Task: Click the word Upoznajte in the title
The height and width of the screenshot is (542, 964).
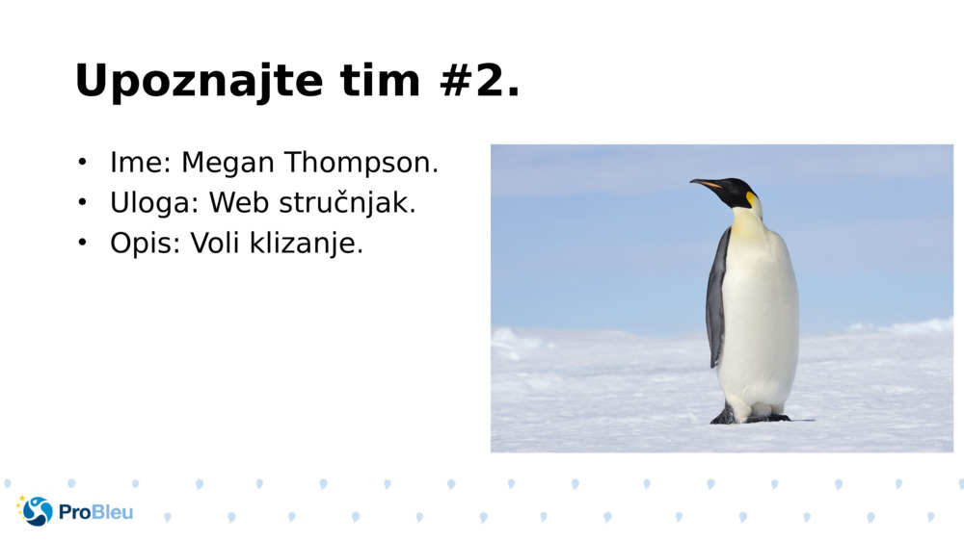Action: click(x=199, y=82)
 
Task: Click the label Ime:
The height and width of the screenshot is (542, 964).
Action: click(x=141, y=163)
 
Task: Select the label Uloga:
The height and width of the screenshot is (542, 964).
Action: click(x=154, y=203)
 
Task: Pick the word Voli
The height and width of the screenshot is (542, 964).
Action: click(x=216, y=244)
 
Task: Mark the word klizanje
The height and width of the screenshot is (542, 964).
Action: click(x=307, y=244)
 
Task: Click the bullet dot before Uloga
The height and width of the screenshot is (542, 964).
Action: click(x=83, y=202)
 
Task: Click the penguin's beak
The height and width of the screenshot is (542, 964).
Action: click(x=706, y=183)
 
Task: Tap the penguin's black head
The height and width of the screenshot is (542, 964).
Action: click(x=736, y=191)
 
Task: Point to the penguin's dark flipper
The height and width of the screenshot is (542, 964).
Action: click(x=716, y=298)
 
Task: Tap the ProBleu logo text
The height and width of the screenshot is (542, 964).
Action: click(x=95, y=512)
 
